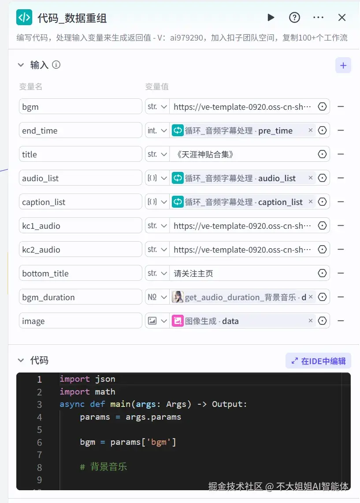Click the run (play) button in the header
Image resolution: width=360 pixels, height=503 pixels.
[x=271, y=18]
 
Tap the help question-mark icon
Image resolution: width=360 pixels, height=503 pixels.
[x=294, y=18]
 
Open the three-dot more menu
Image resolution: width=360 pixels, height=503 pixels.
[x=318, y=18]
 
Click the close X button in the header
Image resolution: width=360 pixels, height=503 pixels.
[x=342, y=18]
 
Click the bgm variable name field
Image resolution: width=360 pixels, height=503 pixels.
[x=81, y=107]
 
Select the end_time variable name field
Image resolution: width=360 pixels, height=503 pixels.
[x=81, y=130]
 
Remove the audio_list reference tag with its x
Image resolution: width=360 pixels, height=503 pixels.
[x=311, y=178]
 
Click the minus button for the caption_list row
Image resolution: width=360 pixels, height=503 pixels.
[x=341, y=202]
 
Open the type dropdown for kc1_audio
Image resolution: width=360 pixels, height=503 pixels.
[x=157, y=226]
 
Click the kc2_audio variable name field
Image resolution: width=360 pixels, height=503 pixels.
[x=81, y=250]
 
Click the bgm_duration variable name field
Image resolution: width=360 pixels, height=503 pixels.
[x=81, y=297]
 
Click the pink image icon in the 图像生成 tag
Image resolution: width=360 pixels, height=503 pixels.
[x=178, y=321]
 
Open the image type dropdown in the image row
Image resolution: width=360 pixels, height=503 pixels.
[x=157, y=321]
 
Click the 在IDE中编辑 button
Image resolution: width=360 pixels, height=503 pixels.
[x=318, y=361]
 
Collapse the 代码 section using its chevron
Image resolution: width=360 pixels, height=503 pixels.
[x=21, y=361]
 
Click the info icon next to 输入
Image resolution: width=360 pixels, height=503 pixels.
[x=56, y=65]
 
